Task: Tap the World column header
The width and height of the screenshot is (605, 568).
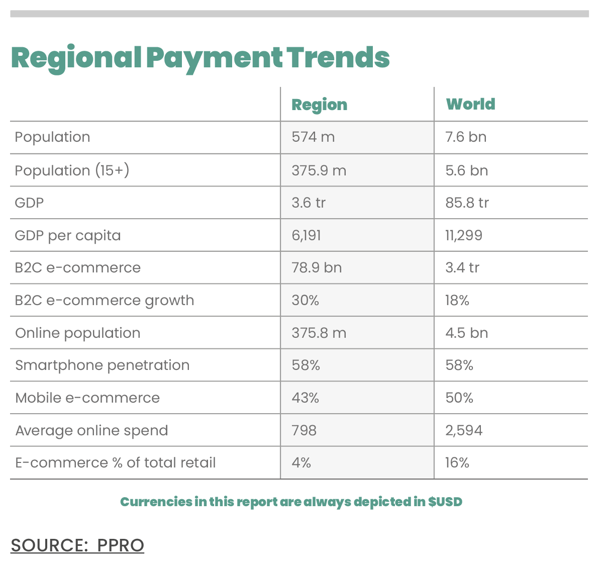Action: point(471,104)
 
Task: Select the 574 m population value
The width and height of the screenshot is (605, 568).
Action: point(313,137)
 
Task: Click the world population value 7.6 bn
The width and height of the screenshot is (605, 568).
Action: point(466,137)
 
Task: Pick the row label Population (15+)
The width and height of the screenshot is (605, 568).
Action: point(72,170)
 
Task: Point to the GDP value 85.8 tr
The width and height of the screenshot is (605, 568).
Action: point(467,203)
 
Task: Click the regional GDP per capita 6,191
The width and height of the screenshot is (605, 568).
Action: point(306,236)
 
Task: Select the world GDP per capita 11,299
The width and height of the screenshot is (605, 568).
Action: point(464,236)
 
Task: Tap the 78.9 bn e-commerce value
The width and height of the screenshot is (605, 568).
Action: point(317,268)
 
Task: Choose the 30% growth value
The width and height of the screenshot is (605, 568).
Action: point(305,300)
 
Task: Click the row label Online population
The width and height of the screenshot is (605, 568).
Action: point(78,333)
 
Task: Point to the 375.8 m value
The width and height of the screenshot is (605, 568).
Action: point(319,333)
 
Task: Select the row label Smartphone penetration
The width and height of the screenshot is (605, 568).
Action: point(103,365)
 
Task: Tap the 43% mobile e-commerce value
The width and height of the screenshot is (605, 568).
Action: point(305,398)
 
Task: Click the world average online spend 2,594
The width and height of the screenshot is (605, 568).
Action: point(464,431)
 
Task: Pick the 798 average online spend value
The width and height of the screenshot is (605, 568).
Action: point(304,430)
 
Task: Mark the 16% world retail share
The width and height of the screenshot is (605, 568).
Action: point(457,463)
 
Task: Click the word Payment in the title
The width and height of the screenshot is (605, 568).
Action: point(215,59)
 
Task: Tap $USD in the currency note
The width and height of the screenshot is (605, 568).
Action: point(445,502)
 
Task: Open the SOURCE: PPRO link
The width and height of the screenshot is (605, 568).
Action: point(77,545)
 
